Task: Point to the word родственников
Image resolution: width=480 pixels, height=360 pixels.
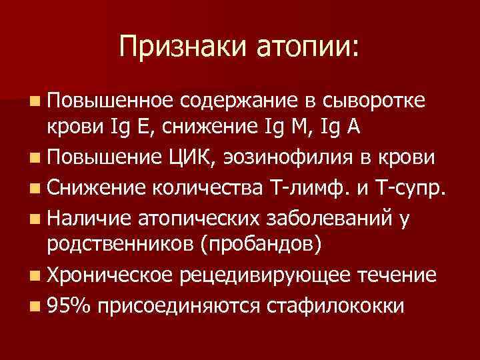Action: (121, 244)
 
